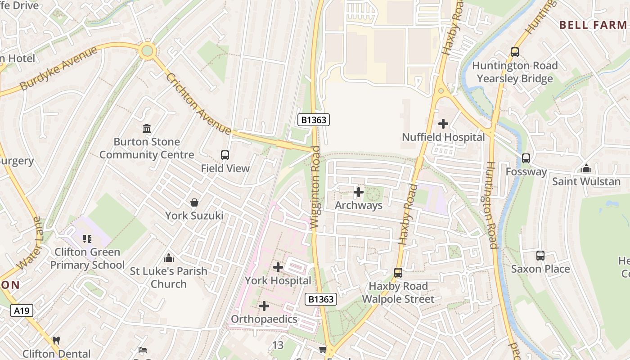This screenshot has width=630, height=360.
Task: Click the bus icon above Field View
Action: pos(225,155)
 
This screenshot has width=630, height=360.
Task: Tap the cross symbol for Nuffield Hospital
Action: pos(443,123)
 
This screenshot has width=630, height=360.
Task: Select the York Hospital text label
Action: pos(278,280)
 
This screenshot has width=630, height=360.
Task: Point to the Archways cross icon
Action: pos(359,193)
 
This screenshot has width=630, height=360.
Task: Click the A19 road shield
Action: pos(22,310)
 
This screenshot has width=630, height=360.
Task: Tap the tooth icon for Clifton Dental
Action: pos(56,341)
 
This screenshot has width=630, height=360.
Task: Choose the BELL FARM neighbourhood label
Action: pos(593,25)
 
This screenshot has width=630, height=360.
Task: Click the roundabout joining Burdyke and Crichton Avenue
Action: pos(147,50)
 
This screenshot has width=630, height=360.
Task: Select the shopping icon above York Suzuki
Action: pos(194,202)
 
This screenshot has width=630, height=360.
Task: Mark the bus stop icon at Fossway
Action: pos(526,158)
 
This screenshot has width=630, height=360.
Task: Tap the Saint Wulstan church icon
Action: pos(586,168)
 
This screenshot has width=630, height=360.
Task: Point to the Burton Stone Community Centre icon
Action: pos(147,129)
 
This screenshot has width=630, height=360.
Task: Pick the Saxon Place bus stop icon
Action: pos(540,256)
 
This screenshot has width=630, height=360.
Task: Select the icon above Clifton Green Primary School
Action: pos(87,238)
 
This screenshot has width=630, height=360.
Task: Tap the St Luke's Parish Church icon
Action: pos(169,258)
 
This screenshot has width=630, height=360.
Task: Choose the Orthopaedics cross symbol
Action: pos(264,306)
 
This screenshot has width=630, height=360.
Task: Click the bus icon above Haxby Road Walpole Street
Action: pos(398,272)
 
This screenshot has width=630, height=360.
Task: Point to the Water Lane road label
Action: pos(31,243)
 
